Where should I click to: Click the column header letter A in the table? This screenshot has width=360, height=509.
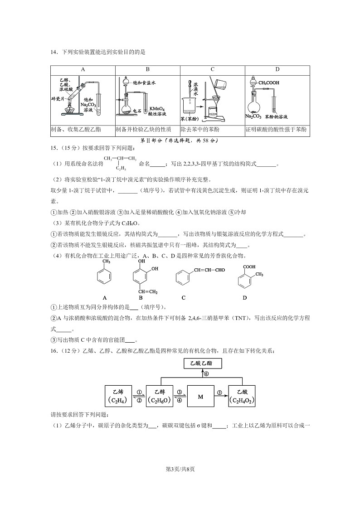[x=83, y=69]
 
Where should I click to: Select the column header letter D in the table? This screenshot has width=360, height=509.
[x=277, y=69]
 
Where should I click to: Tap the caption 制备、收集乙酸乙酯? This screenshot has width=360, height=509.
[x=76, y=130]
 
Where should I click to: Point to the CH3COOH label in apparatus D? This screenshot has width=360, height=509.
[x=269, y=83]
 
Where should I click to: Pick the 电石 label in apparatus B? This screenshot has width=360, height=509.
[x=137, y=111]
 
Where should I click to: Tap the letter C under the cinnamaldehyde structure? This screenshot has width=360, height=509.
[x=183, y=298]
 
